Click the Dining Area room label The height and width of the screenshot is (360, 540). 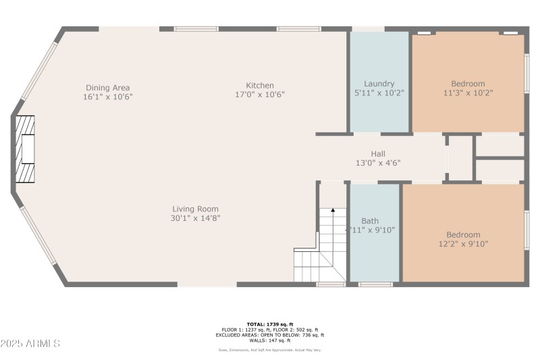(107, 88)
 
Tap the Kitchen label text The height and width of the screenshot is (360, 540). (260, 86)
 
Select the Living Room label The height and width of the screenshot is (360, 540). (195, 209)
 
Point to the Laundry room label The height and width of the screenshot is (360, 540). (379, 84)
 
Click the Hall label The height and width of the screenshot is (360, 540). (378, 154)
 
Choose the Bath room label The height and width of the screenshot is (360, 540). (370, 221)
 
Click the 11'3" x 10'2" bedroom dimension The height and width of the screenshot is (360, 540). (468, 93)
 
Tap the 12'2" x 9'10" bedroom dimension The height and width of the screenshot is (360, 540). (463, 244)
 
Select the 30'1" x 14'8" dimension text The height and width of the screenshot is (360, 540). (195, 218)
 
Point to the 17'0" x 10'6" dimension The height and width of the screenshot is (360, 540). (260, 95)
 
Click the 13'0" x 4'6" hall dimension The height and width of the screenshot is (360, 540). (378, 163)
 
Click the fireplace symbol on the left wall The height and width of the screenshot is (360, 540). (26, 149)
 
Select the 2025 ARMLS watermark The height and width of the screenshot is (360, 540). (30, 344)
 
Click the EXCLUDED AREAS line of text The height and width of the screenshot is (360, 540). (269, 334)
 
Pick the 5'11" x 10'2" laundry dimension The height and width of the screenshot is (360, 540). (379, 93)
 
